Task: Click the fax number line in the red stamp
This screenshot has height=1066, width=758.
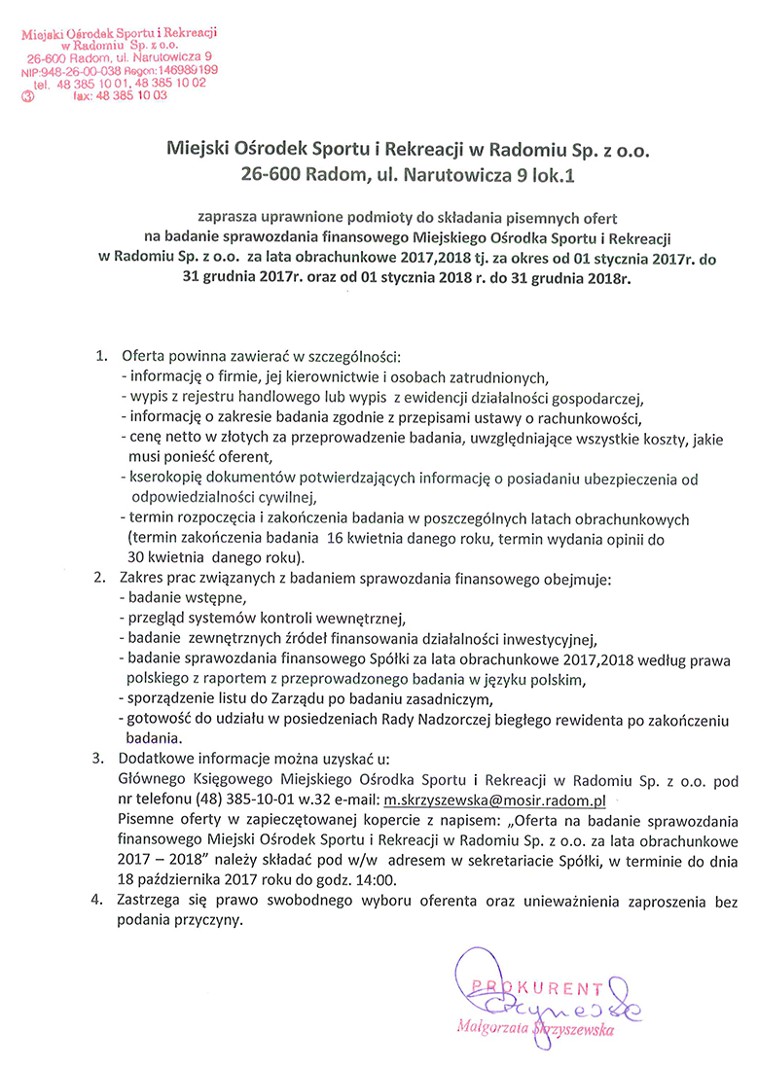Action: tap(120, 96)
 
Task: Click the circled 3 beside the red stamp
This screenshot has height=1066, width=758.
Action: tap(28, 96)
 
